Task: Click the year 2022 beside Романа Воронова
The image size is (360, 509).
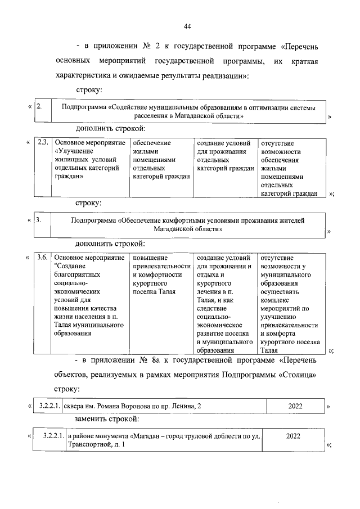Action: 294,406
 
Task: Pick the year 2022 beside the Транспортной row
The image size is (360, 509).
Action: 293,436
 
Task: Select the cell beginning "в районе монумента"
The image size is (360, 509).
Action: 163,440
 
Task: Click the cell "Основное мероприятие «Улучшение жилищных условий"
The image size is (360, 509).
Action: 91,160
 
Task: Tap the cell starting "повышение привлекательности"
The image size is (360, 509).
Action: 161,274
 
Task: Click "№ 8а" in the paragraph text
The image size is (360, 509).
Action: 138,359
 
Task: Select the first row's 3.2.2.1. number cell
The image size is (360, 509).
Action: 51,406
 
